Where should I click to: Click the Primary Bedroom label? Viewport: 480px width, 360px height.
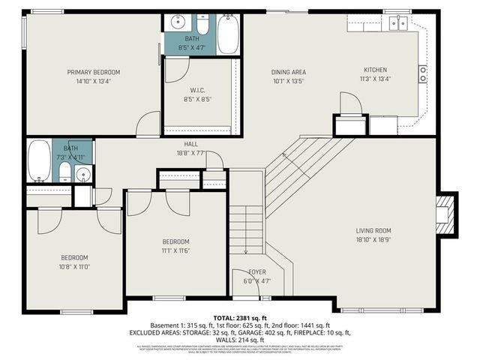tap(94, 72)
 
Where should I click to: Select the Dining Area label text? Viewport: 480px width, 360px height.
tap(289, 72)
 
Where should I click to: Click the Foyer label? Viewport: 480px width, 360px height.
tap(257, 272)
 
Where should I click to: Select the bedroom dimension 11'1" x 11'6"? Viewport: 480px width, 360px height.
tap(175, 251)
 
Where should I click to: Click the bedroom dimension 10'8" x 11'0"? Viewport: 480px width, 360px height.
tap(75, 267)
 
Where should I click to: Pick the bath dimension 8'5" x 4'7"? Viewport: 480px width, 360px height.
tap(193, 48)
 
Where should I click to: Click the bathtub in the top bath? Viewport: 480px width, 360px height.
tap(228, 33)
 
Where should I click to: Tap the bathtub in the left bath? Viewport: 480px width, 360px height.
tap(39, 160)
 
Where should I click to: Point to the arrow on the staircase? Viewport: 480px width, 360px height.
tap(285, 155)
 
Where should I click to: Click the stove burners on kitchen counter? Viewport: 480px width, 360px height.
tap(423, 73)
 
